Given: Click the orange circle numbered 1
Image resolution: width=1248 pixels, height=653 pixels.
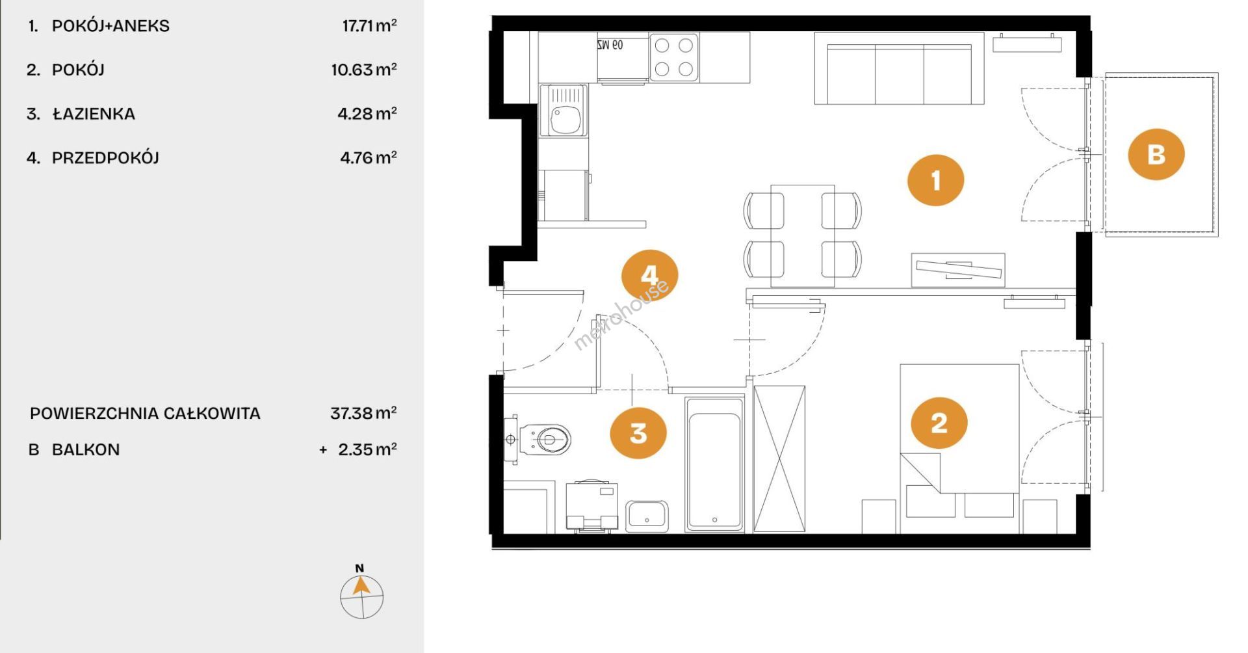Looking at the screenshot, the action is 935,180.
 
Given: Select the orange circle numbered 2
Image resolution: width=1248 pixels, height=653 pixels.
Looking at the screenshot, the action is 939,423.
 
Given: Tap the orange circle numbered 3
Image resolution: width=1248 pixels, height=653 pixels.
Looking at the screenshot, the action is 638,433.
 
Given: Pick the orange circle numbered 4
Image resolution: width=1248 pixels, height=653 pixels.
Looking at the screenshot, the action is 650,275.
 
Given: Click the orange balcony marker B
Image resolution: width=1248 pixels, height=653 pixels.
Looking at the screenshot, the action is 1156,154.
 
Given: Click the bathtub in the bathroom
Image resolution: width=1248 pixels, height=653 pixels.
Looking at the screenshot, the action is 715,464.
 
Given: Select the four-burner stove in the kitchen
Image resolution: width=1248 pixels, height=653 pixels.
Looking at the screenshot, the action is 674,57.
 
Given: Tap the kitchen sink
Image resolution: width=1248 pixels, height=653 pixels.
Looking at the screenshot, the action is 563,111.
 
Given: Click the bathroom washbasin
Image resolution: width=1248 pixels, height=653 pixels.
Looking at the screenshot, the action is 646,516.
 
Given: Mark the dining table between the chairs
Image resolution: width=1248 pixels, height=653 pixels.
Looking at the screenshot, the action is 803,235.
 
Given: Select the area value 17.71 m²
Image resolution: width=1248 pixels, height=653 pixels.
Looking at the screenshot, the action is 369,25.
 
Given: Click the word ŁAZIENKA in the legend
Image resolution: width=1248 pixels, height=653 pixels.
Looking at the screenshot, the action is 94,114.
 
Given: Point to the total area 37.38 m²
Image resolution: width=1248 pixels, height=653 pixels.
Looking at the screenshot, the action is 363,413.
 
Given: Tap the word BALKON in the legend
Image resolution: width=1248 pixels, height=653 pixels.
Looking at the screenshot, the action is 86,449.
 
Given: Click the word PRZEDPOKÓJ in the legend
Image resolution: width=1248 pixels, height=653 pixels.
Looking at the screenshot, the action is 105,157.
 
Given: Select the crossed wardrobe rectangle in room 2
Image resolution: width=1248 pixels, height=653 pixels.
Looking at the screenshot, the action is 779,459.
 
